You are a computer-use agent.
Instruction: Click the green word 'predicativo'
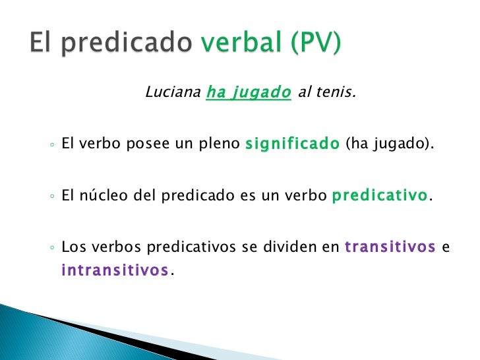pyautogui.click(x=380, y=196)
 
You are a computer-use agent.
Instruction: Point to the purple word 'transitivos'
pyautogui.click(x=390, y=247)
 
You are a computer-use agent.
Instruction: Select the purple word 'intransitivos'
pyautogui.click(x=115, y=270)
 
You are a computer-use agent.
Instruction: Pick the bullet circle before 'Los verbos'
pyautogui.click(x=51, y=249)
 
